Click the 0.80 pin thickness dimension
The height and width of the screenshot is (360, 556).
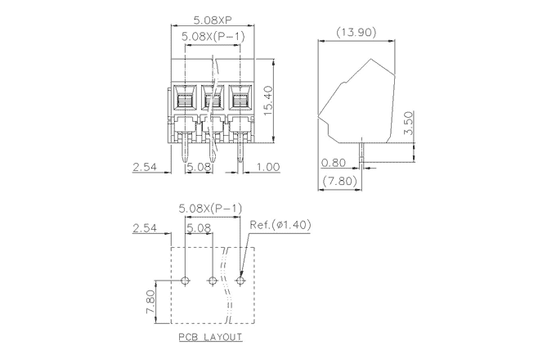pos(335,162)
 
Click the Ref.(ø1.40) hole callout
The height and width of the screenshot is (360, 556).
pos(280,224)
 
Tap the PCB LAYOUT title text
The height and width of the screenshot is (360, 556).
pos(209,337)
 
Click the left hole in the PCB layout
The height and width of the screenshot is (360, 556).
pos(186,281)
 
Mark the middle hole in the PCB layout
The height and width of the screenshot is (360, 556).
pos(213,281)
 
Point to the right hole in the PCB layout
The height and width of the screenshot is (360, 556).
pos(241,281)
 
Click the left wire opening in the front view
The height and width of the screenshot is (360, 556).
pos(186,101)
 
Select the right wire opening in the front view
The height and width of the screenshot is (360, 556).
pos(240,101)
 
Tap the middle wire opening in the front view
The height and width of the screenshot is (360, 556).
pos(213,101)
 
